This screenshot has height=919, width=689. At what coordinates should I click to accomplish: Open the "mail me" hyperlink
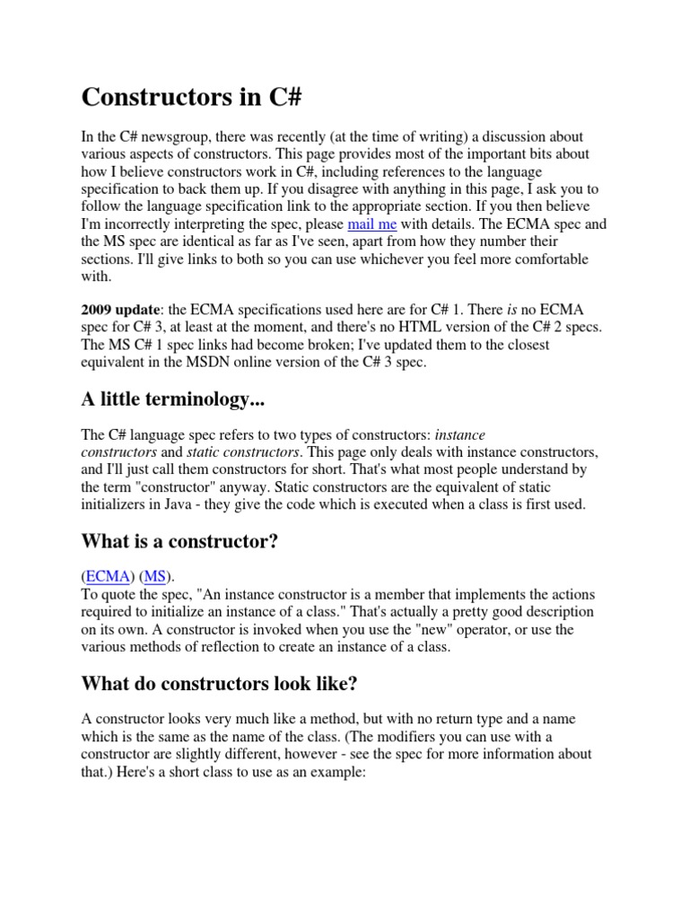[x=371, y=223]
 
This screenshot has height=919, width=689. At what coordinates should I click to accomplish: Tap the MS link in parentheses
[x=155, y=576]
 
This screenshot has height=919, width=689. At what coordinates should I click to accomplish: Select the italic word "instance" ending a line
[x=459, y=434]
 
